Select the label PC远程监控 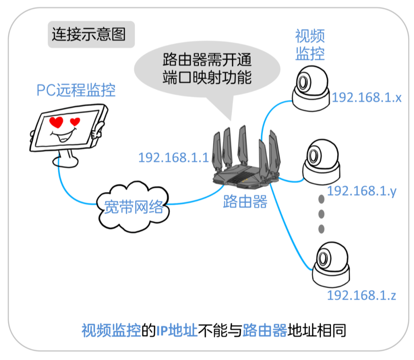point(76,91)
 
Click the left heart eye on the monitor point(57,122)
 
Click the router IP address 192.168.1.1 point(173,158)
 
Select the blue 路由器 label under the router point(245,202)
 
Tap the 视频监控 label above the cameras point(310,45)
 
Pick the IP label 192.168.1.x point(366,98)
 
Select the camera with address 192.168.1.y point(321,161)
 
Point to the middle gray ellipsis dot point(321,214)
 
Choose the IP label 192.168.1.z point(361,296)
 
